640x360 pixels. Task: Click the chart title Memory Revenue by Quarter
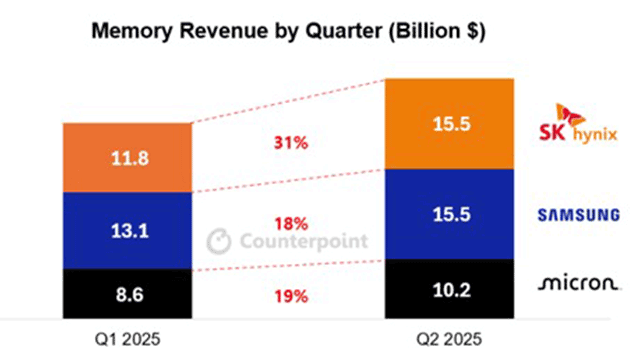coord(288,31)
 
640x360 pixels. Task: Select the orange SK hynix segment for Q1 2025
coord(127,158)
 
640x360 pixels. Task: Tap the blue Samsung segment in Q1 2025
coord(127,231)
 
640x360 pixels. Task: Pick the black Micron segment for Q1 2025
coord(127,293)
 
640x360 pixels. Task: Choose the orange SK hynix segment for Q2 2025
coord(449,124)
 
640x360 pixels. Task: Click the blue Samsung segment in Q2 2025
coord(449,214)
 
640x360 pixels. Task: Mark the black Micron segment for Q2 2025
coord(449,289)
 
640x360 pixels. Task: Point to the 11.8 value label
coord(130,158)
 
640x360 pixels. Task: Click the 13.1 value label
coord(130,231)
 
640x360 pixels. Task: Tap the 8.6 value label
coord(130,294)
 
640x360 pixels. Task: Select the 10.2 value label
coord(451,290)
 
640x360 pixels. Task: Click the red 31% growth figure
coord(291,143)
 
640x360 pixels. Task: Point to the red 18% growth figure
coord(291,224)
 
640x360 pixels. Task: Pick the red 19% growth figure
coord(291,296)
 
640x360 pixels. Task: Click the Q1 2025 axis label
coord(127,339)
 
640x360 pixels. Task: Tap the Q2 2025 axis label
coord(449,339)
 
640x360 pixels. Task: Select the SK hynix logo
coord(578,123)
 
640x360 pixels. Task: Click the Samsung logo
coord(579,215)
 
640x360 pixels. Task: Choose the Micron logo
coord(579,283)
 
